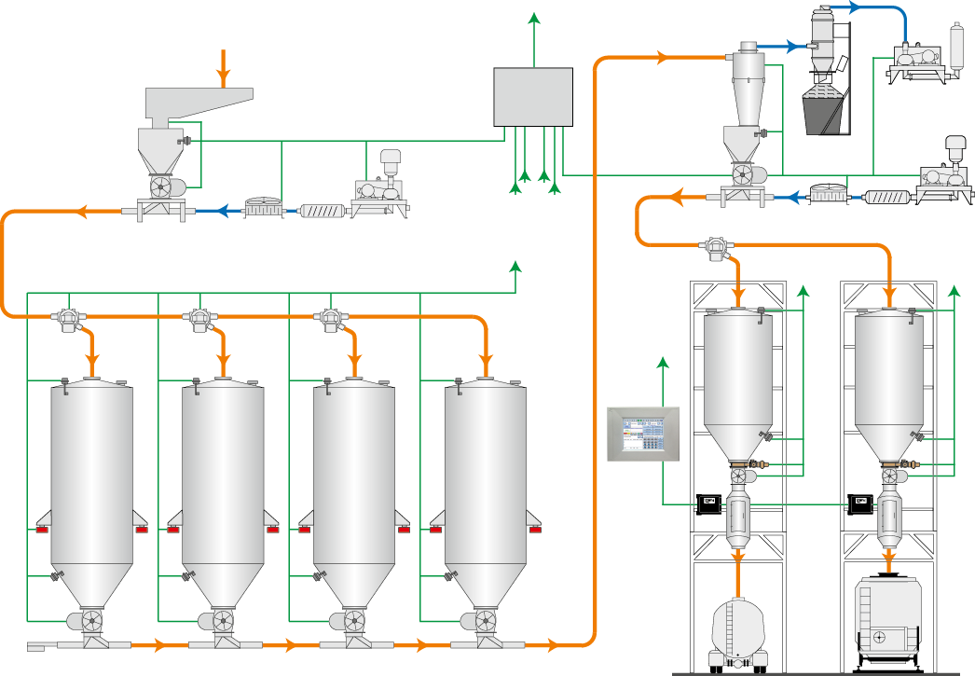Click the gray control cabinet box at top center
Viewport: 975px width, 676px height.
click(x=532, y=96)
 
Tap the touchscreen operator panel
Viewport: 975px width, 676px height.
click(x=644, y=434)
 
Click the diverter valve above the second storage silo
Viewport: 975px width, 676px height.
click(x=199, y=319)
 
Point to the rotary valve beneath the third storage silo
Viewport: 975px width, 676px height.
click(x=352, y=620)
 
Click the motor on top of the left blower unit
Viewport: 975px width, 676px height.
click(x=390, y=160)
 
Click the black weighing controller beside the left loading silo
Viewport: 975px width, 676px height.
click(x=709, y=504)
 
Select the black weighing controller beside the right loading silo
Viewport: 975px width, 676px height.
click(x=858, y=504)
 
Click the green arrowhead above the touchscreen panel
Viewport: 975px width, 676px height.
click(x=662, y=361)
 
